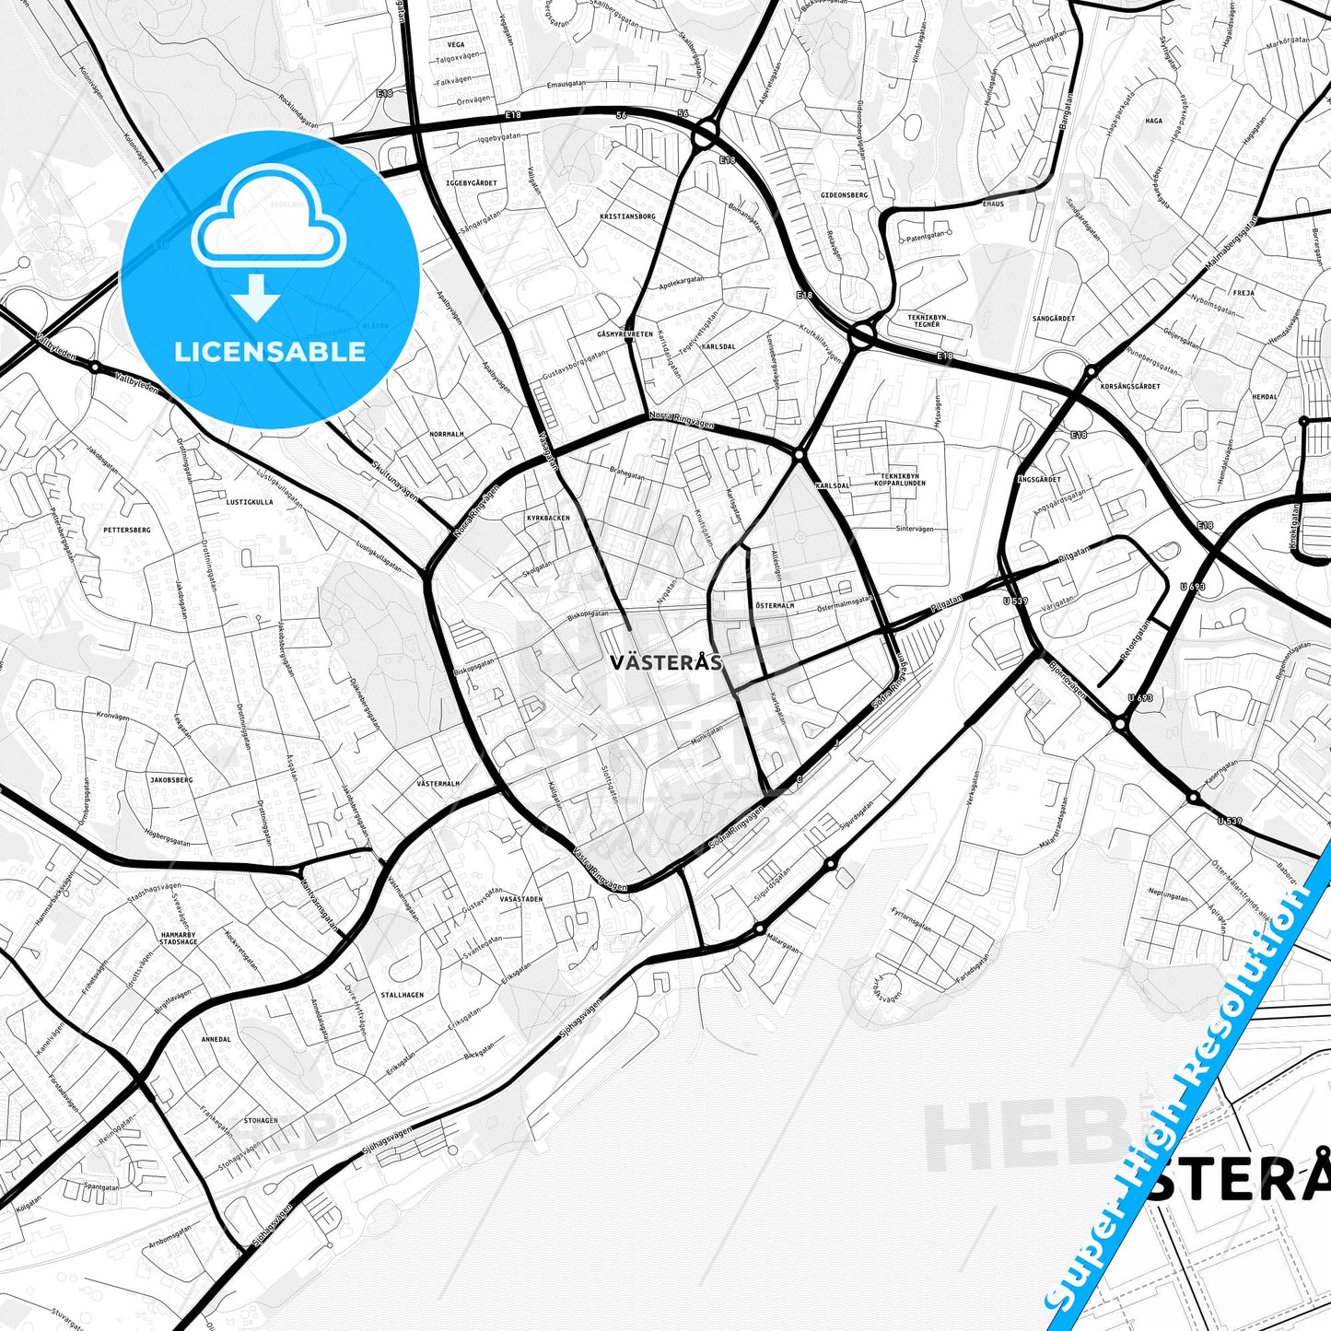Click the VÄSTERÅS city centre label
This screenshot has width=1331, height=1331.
click(x=665, y=661)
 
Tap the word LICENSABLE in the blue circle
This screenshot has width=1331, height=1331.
click(x=270, y=351)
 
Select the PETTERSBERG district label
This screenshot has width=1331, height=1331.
click(x=126, y=531)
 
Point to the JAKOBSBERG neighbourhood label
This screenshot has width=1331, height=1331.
click(x=170, y=780)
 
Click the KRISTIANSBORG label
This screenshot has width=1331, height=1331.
click(x=627, y=216)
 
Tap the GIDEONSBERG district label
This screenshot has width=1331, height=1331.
click(x=845, y=195)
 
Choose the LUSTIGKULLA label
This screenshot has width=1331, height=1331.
click(x=250, y=502)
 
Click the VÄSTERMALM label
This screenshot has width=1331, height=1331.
click(x=438, y=784)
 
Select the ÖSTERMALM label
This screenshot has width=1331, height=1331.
click(x=775, y=605)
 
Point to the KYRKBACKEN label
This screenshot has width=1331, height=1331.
click(x=548, y=518)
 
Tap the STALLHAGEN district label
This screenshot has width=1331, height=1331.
click(x=403, y=995)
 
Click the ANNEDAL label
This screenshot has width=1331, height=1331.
click(x=216, y=1039)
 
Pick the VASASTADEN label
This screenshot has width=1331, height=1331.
click(x=520, y=898)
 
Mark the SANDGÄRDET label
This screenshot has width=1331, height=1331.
click(x=1054, y=319)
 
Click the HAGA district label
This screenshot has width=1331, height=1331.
click(x=1153, y=121)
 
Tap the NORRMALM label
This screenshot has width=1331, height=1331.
click(x=447, y=434)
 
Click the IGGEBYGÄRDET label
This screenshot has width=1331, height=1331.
click(x=471, y=183)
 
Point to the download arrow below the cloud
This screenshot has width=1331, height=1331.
click(x=256, y=297)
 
